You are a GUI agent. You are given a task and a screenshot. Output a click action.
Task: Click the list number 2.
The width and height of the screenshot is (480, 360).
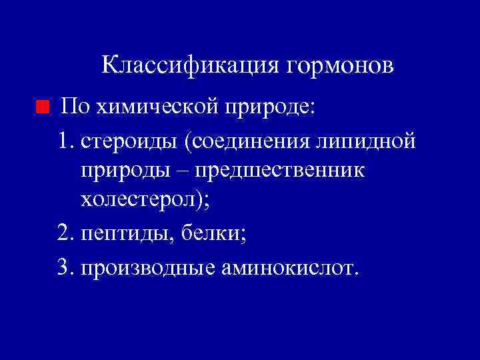pos(64,233)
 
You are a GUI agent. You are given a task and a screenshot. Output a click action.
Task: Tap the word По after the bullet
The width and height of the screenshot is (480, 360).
pos(73,105)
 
